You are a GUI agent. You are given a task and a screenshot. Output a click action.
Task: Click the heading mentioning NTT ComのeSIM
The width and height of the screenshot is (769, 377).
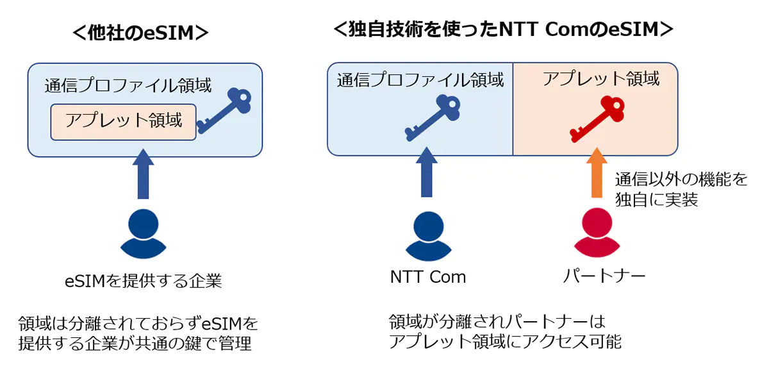click(x=503, y=29)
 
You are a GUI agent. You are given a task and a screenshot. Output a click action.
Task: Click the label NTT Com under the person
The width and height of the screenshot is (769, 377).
click(x=427, y=277)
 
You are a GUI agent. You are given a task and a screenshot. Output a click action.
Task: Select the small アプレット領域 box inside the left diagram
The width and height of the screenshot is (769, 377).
click(x=123, y=121)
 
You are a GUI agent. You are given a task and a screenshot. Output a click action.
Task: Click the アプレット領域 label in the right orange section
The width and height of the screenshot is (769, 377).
click(x=600, y=79)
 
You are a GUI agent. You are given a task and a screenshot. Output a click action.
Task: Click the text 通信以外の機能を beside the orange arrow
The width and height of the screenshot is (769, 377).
click(x=681, y=180)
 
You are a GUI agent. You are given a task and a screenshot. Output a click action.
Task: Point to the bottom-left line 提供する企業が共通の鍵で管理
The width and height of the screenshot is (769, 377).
click(x=135, y=343)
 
